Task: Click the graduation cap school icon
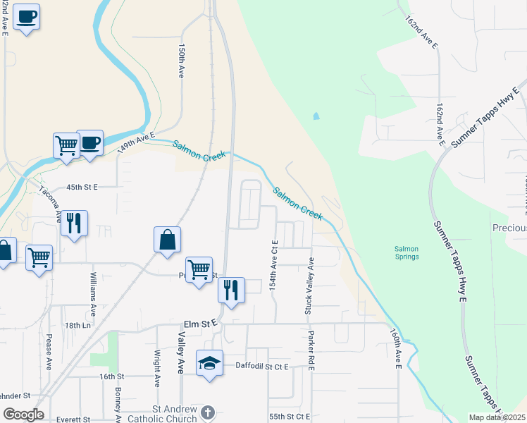pos(209,363)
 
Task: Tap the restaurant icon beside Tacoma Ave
pos(74,223)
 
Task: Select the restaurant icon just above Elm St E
pos(231,290)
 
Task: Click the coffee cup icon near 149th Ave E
pos(89,143)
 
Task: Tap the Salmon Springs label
pos(407,252)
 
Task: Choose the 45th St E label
pos(82,188)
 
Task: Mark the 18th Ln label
pos(74,326)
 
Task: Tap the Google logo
pos(23,414)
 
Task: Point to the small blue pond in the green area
pos(316,116)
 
